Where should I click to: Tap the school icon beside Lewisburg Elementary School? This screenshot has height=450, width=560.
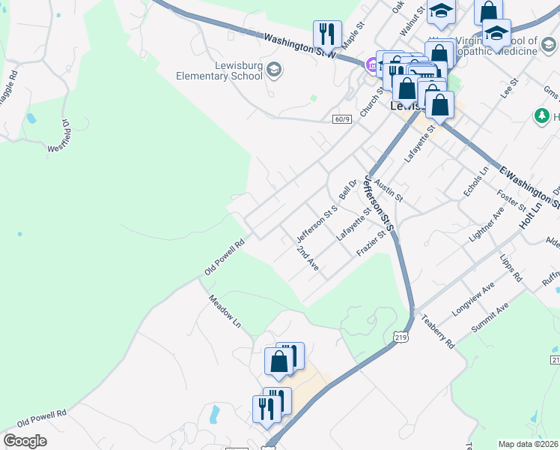pyautogui.click(x=273, y=70)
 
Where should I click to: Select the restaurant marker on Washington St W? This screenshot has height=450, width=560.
pyautogui.click(x=327, y=33)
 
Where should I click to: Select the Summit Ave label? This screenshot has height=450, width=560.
pyautogui.click(x=490, y=317)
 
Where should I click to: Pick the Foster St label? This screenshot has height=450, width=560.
pyautogui.click(x=508, y=201)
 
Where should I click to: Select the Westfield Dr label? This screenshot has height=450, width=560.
pyautogui.click(x=59, y=136)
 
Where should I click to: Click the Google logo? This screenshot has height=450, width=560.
pyautogui.click(x=25, y=440)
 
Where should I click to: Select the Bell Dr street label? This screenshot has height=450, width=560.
pyautogui.click(x=347, y=188)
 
